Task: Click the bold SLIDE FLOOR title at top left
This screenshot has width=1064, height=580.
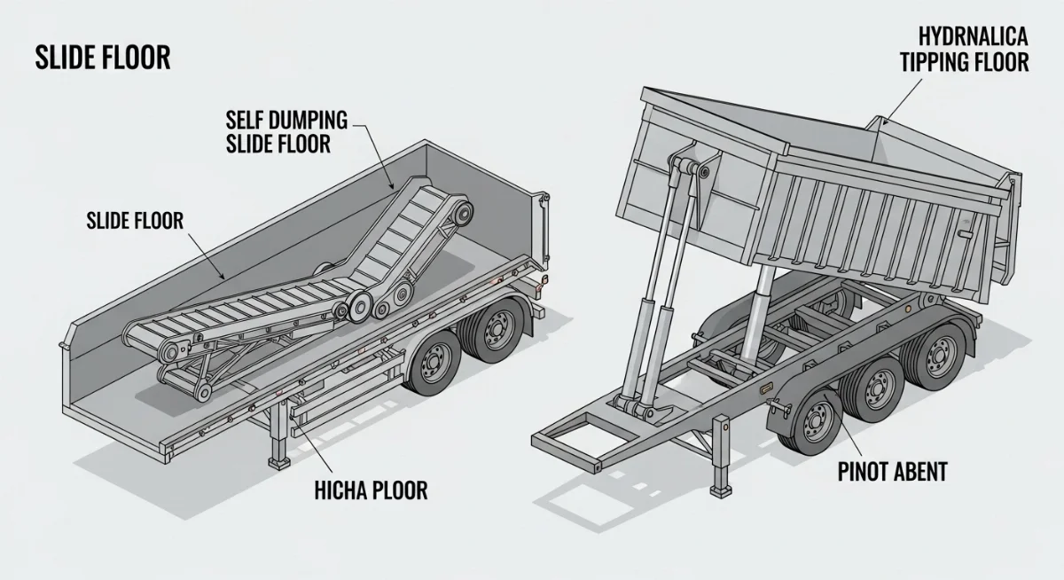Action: point(102,59)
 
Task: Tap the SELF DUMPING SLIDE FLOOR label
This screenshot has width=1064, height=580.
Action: point(286,131)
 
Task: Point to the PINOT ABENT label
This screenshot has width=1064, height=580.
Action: point(892,472)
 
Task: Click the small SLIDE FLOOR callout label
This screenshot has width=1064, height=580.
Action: point(135,221)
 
